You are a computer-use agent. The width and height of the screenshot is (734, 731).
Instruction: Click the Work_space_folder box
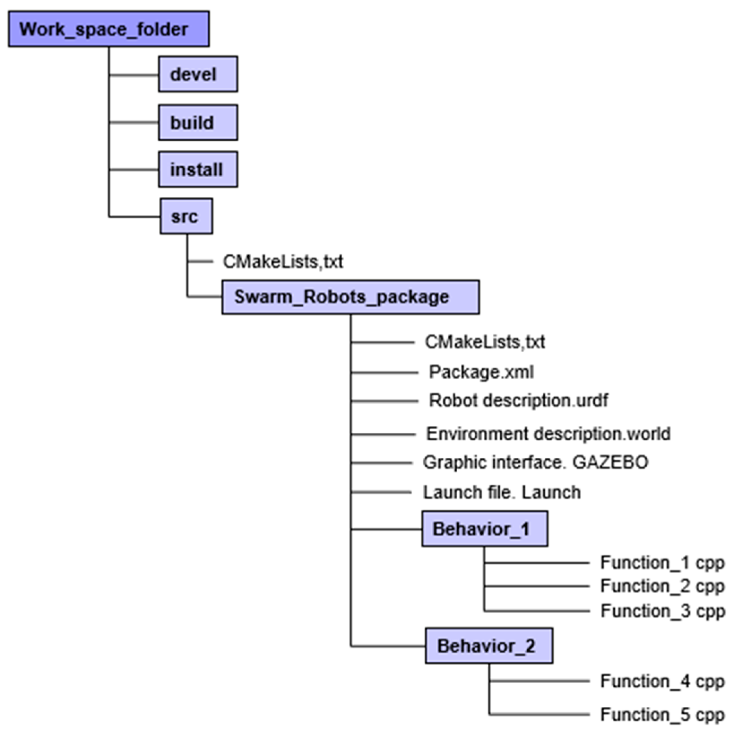pyautogui.click(x=109, y=29)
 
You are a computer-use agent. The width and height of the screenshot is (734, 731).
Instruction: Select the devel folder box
pyautogui.click(x=198, y=74)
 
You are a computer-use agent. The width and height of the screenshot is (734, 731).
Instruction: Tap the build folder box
pyautogui.click(x=198, y=123)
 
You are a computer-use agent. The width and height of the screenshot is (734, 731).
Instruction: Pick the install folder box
pyautogui.click(x=198, y=169)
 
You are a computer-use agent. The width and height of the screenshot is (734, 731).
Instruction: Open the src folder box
pyautogui.click(x=186, y=216)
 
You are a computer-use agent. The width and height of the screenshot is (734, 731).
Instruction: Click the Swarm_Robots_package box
pyautogui.click(x=350, y=297)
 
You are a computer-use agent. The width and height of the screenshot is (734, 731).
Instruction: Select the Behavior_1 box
pyautogui.click(x=484, y=529)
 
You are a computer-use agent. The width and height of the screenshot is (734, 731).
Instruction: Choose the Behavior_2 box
pyautogui.click(x=489, y=646)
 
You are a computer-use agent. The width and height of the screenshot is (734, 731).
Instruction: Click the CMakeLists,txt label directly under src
pyautogui.click(x=283, y=262)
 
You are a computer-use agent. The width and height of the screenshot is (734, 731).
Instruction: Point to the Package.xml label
pyautogui.click(x=481, y=372)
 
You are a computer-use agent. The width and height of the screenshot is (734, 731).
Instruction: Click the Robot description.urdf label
pyautogui.click(x=518, y=400)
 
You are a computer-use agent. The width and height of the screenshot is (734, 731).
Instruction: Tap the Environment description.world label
pyautogui.click(x=548, y=434)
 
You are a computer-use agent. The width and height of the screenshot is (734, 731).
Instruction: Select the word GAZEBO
pyautogui.click(x=610, y=462)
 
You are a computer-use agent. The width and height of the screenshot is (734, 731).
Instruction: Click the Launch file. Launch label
pyautogui.click(x=501, y=492)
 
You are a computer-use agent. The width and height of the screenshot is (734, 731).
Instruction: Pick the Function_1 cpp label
pyautogui.click(x=662, y=563)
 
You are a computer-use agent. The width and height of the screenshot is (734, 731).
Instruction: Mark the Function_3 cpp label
pyautogui.click(x=662, y=611)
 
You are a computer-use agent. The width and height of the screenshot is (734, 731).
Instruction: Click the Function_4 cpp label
pyautogui.click(x=662, y=681)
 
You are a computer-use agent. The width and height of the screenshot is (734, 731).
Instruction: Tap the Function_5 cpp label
pyautogui.click(x=662, y=715)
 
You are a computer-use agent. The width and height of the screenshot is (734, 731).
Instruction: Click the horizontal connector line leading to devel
pyautogui.click(x=134, y=75)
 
